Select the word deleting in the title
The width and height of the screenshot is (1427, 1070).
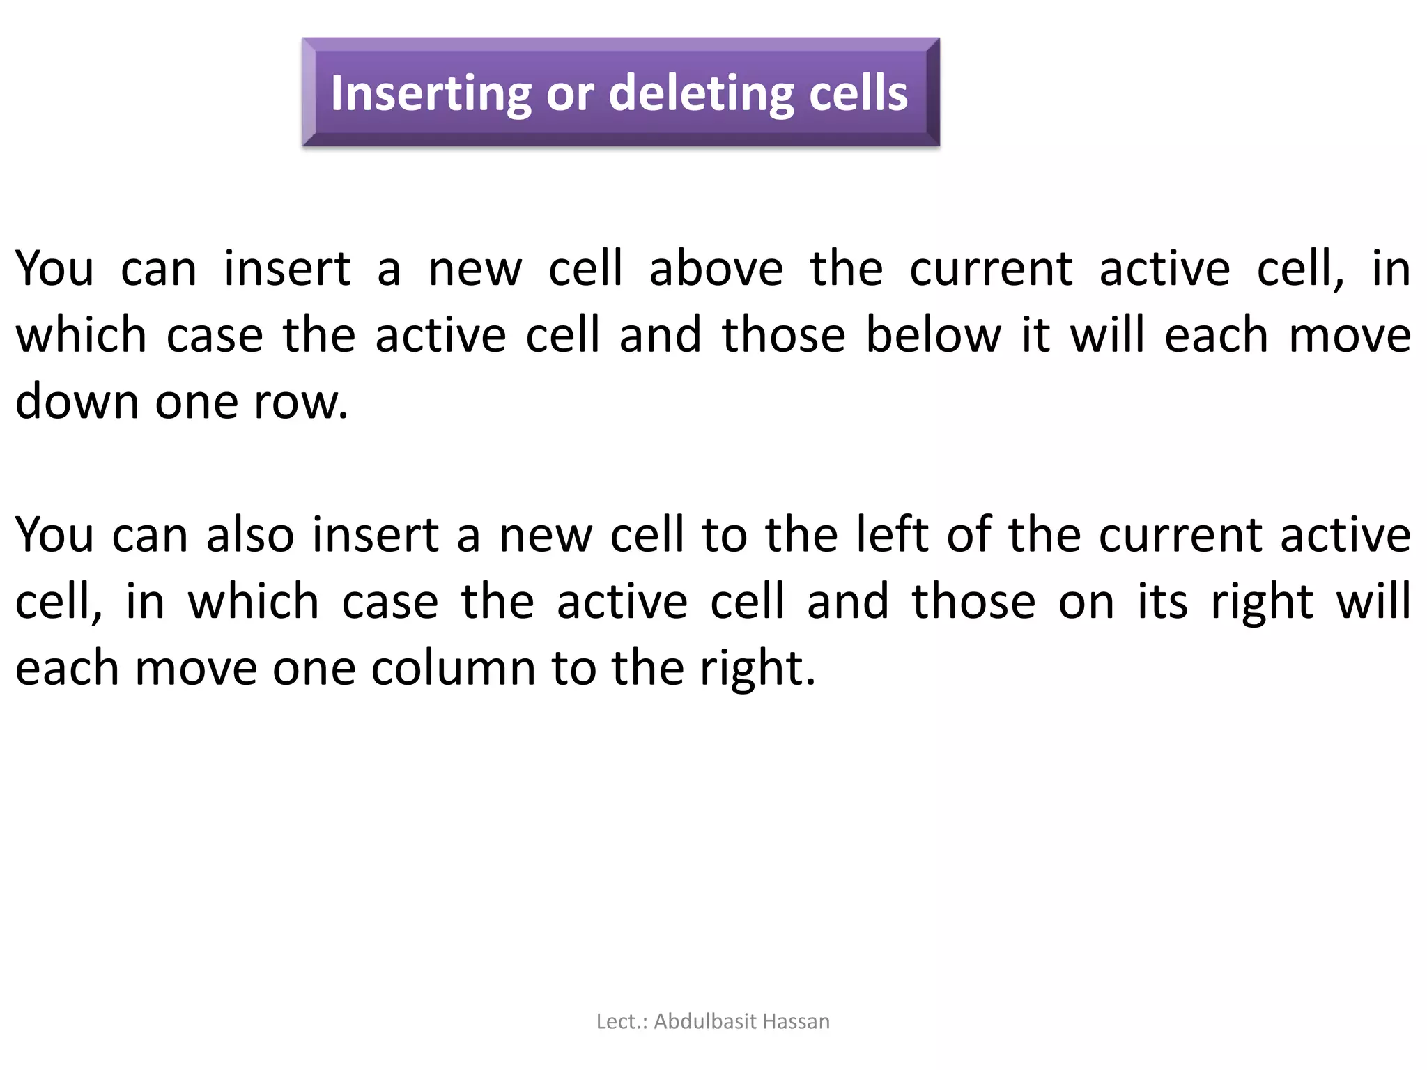coord(701,93)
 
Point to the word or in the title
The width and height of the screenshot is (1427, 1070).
coord(570,95)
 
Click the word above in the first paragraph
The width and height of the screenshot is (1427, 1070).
coord(716,269)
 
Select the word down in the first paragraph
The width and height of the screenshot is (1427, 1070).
coord(77,402)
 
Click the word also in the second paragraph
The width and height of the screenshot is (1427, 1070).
coord(250,536)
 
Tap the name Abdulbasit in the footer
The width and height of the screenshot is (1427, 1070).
coord(705,1022)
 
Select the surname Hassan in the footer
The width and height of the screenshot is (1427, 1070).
coord(796,1022)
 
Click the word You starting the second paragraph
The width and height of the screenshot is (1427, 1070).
coord(54,536)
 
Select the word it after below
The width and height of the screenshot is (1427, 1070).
coord(1036,336)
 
